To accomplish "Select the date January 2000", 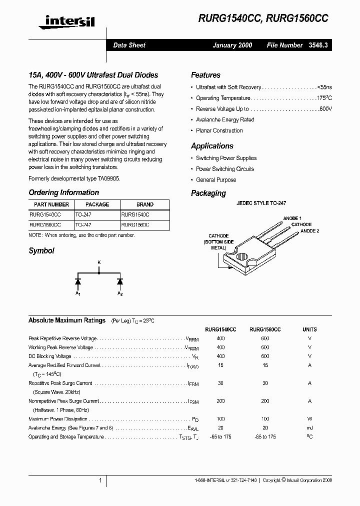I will (232, 45).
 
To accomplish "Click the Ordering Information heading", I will (63, 192).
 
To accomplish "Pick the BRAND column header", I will (144, 204).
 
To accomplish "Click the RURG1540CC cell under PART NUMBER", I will (45, 214).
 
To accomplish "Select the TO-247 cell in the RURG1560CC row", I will (83, 225).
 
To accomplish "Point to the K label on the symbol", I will (98, 262).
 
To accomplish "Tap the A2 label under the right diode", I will (120, 293).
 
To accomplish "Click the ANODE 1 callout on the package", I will (292, 218).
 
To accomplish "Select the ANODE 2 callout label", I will (310, 230).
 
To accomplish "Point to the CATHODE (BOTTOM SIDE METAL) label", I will (218, 241).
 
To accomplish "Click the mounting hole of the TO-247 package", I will (242, 258).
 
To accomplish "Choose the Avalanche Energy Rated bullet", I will (225, 120).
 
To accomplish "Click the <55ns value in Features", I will (324, 87).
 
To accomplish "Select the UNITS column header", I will (309, 329).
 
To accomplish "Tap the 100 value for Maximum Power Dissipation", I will (221, 419).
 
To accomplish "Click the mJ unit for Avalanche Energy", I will (309, 428).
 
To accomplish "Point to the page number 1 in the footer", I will (100, 480).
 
